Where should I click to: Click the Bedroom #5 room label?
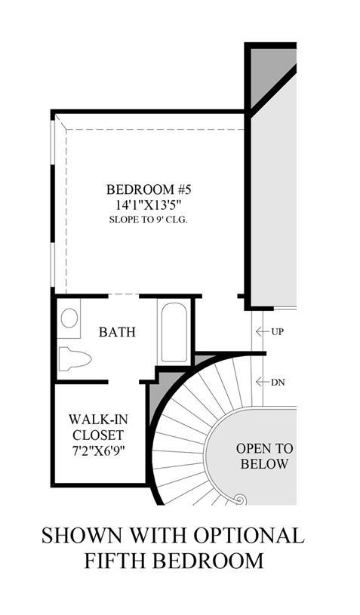[x=148, y=190]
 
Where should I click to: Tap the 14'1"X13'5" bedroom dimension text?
[x=148, y=205]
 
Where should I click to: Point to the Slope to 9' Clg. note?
[x=148, y=220]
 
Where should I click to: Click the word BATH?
[x=117, y=332]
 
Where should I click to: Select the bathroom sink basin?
[x=69, y=318]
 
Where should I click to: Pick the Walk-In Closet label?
[x=98, y=427]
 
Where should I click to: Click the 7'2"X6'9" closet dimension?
[x=98, y=450]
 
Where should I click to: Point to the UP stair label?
[x=277, y=332]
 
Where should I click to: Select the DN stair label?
[x=278, y=382]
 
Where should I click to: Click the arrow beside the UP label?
[x=262, y=332]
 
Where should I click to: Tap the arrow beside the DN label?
[x=262, y=382]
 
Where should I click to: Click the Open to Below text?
[x=264, y=456]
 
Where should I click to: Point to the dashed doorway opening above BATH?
[x=123, y=295]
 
